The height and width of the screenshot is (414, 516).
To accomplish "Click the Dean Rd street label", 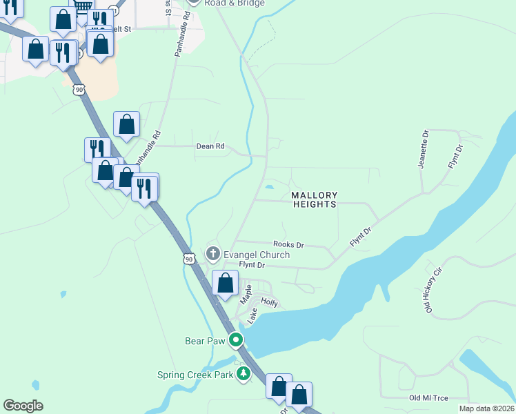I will click(x=210, y=146).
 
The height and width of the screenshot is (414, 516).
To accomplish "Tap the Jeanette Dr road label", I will click(x=424, y=149).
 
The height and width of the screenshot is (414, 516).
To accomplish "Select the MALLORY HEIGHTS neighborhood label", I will click(x=315, y=200).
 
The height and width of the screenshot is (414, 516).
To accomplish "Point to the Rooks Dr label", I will click(x=288, y=244).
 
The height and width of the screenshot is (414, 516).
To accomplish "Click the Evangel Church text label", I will click(x=256, y=255).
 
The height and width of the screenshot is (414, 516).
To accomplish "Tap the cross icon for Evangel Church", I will click(x=213, y=255).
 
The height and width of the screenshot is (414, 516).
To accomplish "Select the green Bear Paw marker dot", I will click(x=236, y=339).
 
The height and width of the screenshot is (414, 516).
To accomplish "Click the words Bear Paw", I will click(x=206, y=340).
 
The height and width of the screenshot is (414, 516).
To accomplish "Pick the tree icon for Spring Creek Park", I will click(x=243, y=373).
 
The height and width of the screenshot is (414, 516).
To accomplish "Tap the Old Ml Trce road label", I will click(x=428, y=398).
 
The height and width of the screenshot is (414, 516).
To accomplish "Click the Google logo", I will click(x=23, y=406).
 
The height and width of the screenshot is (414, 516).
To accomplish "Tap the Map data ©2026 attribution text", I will click(x=486, y=408).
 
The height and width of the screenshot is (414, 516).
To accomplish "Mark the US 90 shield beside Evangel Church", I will click(x=190, y=259).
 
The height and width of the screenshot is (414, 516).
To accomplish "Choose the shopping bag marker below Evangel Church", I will click(x=225, y=283).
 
